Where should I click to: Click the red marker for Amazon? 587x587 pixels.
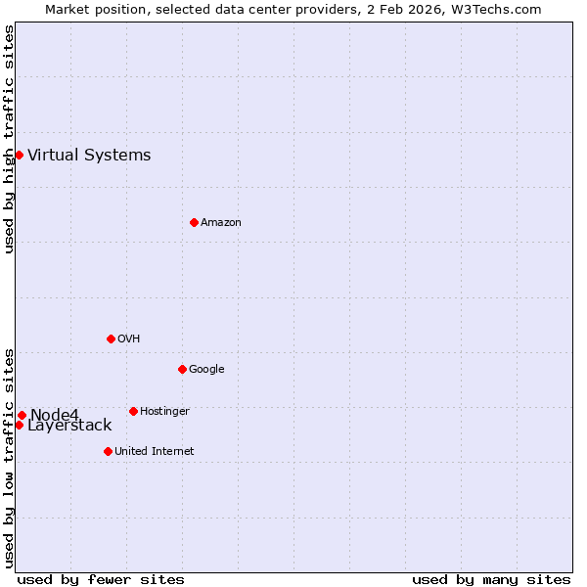coord(194,222)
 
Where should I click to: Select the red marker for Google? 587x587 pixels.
coord(182,369)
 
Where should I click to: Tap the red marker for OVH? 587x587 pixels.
coord(111,339)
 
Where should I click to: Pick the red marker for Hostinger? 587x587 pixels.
coord(133,411)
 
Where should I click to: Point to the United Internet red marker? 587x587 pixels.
coord(108,451)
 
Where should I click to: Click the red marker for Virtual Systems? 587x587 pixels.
coord(19,155)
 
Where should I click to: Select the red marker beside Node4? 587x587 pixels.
coord(22,415)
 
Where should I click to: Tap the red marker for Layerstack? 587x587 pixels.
coord(19,425)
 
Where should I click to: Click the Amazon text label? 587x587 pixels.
coord(221,223)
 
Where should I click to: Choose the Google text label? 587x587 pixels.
coord(206,370)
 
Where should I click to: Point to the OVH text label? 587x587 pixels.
coord(129,339)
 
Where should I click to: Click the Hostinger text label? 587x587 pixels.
coord(164,412)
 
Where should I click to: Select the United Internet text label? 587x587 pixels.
coord(155,452)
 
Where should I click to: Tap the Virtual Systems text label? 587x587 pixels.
coord(89,156)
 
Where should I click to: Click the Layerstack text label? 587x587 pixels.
coord(69,426)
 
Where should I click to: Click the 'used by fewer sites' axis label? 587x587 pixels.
coord(101,579)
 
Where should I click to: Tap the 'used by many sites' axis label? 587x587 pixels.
coord(491,579)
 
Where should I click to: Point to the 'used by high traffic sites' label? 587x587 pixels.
coord(9,139)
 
